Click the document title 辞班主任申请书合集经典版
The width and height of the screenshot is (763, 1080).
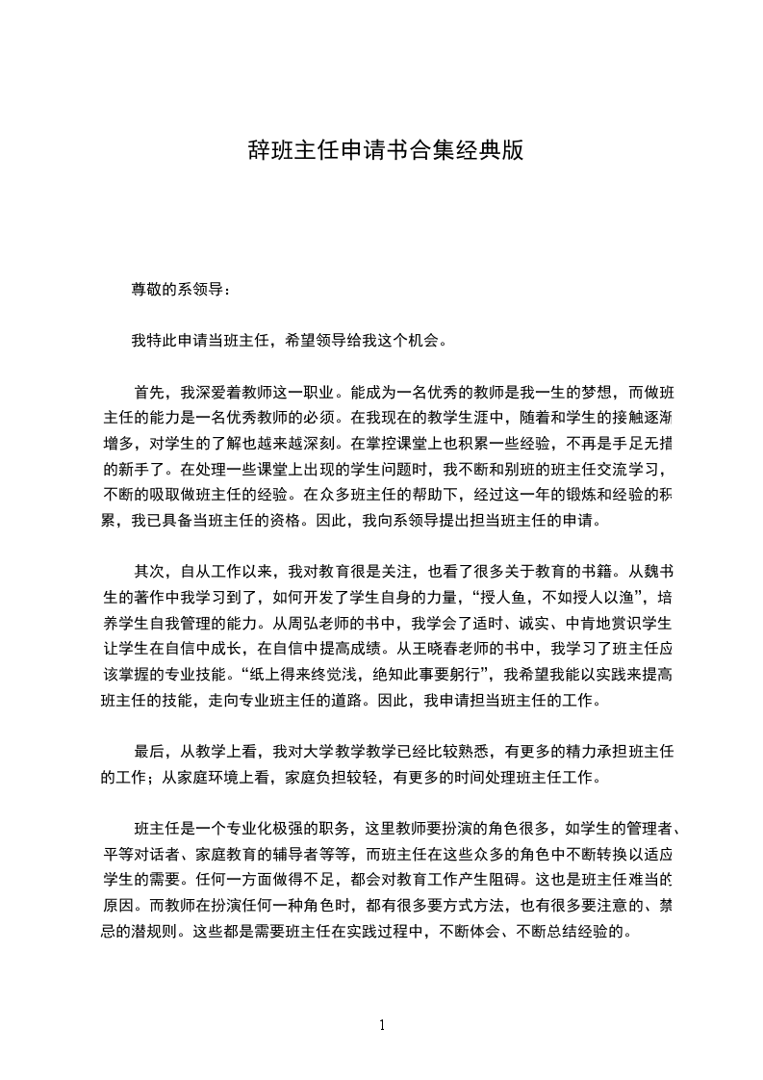pyautogui.click(x=386, y=151)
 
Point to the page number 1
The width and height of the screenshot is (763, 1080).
pyautogui.click(x=382, y=1025)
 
